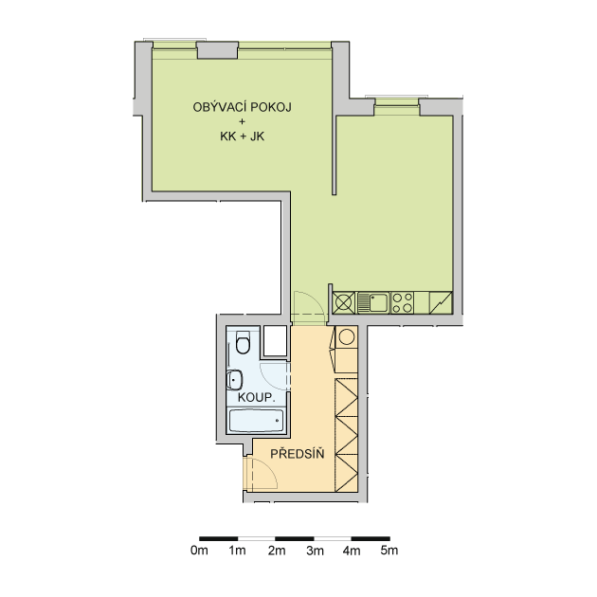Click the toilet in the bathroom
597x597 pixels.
point(243,342)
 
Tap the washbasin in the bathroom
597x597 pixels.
point(234,380)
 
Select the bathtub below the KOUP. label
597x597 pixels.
point(256,421)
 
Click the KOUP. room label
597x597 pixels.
point(256,397)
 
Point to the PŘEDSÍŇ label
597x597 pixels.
point(298,453)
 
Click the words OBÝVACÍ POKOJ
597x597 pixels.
point(243,107)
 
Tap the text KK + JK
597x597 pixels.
point(243,136)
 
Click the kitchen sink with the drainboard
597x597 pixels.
point(372,302)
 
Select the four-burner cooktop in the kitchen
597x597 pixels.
point(403,302)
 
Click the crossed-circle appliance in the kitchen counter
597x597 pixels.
point(344,302)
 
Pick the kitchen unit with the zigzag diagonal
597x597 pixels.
point(441,302)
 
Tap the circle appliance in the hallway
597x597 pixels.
point(347,337)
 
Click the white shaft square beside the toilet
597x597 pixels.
point(275,341)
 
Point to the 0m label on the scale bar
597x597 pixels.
point(199,551)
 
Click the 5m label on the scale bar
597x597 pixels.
point(389,551)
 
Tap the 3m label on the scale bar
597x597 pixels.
point(316,551)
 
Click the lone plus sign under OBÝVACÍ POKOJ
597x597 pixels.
point(243,122)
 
